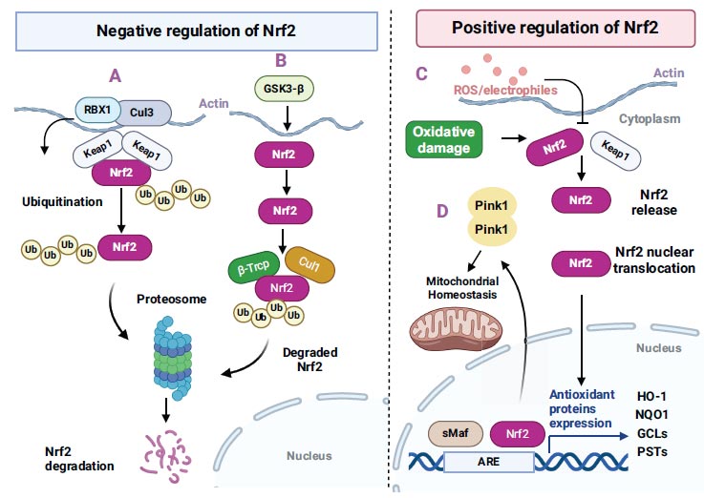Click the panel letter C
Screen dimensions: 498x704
pyautogui.click(x=421, y=73)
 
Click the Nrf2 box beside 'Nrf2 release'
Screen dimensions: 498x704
pyautogui.click(x=578, y=201)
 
